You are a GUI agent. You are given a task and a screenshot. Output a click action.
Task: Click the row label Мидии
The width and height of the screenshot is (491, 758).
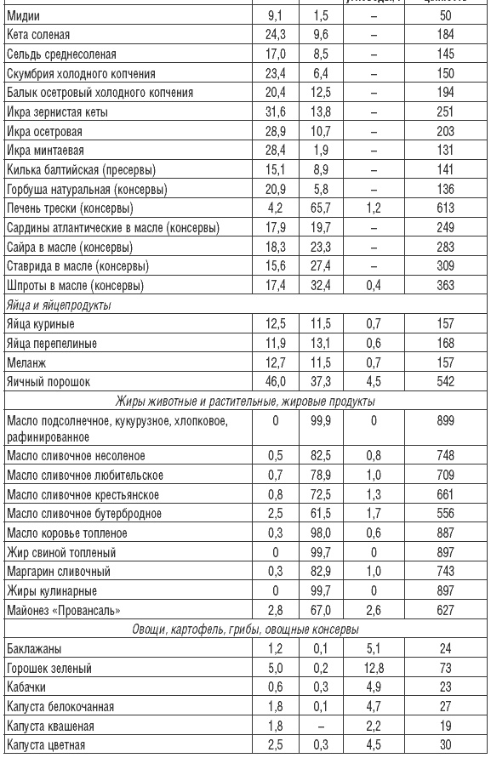[23, 16]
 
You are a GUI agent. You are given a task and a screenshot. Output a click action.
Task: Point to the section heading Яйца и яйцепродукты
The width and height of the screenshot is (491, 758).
[58, 305]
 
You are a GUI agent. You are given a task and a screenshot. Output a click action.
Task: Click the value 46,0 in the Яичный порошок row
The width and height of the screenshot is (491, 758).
[271, 382]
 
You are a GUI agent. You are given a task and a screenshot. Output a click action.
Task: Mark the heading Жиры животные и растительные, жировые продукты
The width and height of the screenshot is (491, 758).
[245, 401]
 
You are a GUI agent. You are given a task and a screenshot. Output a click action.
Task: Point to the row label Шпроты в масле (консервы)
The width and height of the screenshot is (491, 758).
[75, 285]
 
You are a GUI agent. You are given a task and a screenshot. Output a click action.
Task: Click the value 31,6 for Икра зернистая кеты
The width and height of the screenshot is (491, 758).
[271, 111]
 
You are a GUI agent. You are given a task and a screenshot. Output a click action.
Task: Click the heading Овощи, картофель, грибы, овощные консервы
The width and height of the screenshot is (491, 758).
[245, 630]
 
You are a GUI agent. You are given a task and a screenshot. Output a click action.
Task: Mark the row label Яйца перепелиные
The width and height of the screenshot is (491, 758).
[52, 343]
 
